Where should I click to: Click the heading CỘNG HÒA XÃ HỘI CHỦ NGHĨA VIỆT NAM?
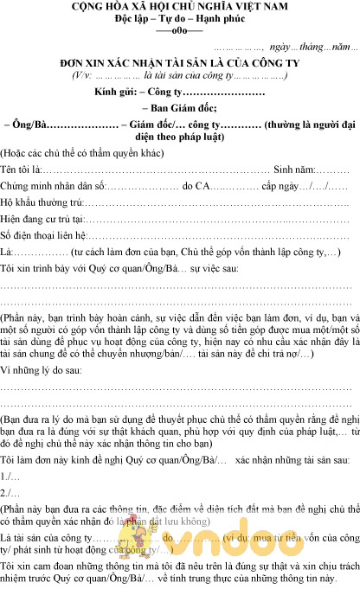pos(180,9)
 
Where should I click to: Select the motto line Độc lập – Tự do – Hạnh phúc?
pos(179,21)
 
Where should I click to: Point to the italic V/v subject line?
pos(180,76)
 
